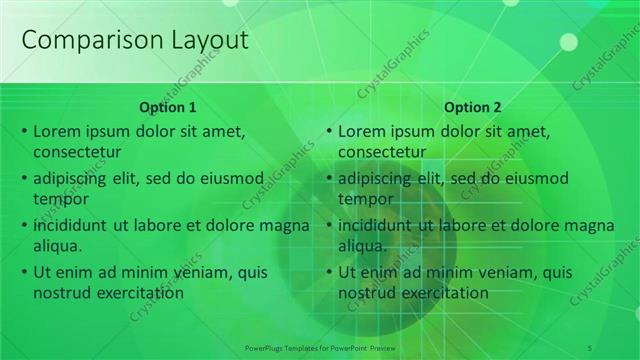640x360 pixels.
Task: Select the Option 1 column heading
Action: coord(168,107)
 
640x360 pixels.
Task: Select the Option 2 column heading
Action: coord(472,107)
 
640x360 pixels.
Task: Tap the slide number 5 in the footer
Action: coord(590,347)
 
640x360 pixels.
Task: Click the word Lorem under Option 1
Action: coord(56,131)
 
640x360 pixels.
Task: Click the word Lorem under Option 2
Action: coord(361,131)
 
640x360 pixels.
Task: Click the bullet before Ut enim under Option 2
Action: coord(328,272)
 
